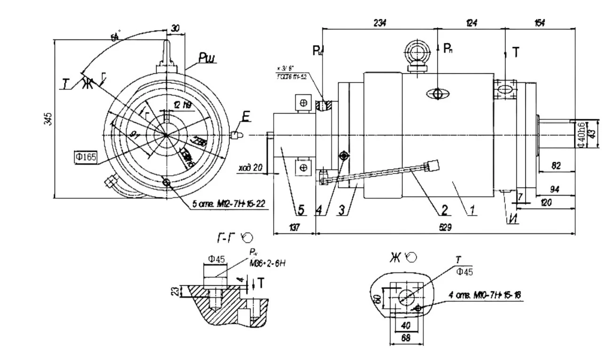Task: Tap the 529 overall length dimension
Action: point(445,227)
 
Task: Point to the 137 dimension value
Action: point(294,227)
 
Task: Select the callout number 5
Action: point(301,210)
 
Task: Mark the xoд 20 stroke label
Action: point(251,167)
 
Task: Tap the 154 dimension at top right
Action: point(540,23)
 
